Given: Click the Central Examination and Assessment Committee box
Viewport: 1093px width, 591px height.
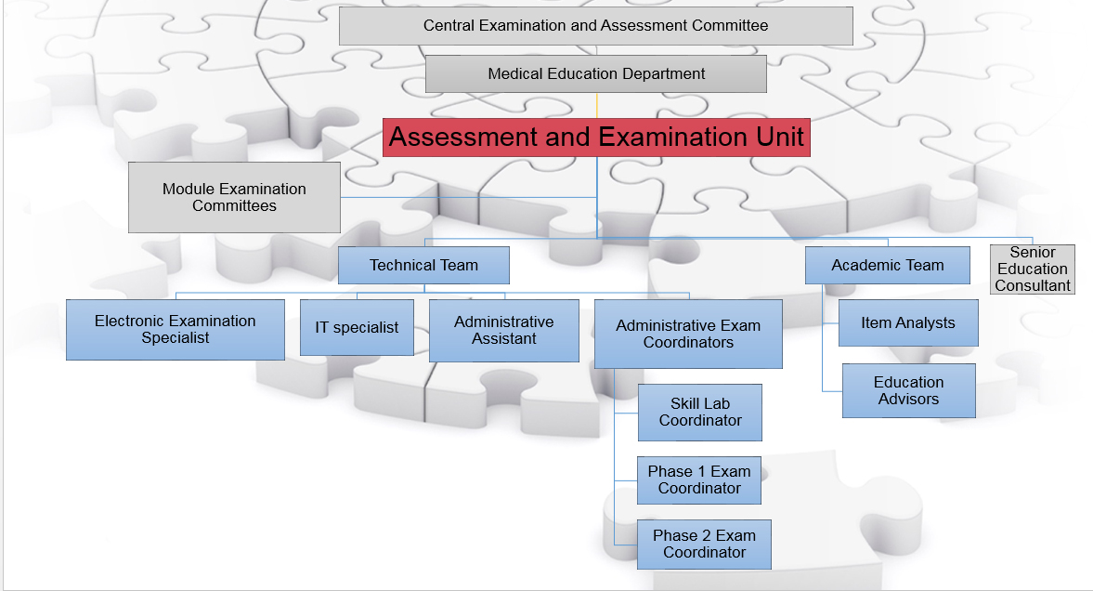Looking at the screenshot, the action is (596, 26).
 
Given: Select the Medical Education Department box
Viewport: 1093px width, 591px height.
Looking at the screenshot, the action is (596, 74).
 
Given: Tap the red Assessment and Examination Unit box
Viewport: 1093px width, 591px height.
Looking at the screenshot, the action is (597, 138).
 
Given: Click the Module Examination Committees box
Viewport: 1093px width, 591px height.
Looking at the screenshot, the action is (234, 198).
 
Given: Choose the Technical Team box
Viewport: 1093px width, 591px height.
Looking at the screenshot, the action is (423, 265).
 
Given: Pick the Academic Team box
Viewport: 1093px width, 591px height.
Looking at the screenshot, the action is (888, 265).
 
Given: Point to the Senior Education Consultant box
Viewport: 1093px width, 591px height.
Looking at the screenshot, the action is (1033, 269).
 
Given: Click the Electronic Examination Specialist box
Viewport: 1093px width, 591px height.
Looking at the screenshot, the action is (175, 329).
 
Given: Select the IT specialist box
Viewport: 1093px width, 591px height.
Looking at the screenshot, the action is (357, 327).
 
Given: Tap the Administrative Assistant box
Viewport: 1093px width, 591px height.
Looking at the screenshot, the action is (504, 331).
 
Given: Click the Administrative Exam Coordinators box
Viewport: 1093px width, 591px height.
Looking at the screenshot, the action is (688, 335).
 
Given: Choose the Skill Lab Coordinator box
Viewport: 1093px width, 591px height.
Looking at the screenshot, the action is (700, 413).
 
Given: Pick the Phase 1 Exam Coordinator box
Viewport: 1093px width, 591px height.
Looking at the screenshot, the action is (699, 480).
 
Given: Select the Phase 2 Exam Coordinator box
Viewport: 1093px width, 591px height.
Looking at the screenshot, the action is (704, 545).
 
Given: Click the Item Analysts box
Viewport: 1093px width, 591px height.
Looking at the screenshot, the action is (908, 323).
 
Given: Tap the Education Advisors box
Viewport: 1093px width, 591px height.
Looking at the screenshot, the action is (909, 390).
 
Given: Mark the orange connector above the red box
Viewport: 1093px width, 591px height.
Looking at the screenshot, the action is (597, 105).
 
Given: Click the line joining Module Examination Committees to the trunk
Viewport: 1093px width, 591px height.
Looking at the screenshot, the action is (468, 198).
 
